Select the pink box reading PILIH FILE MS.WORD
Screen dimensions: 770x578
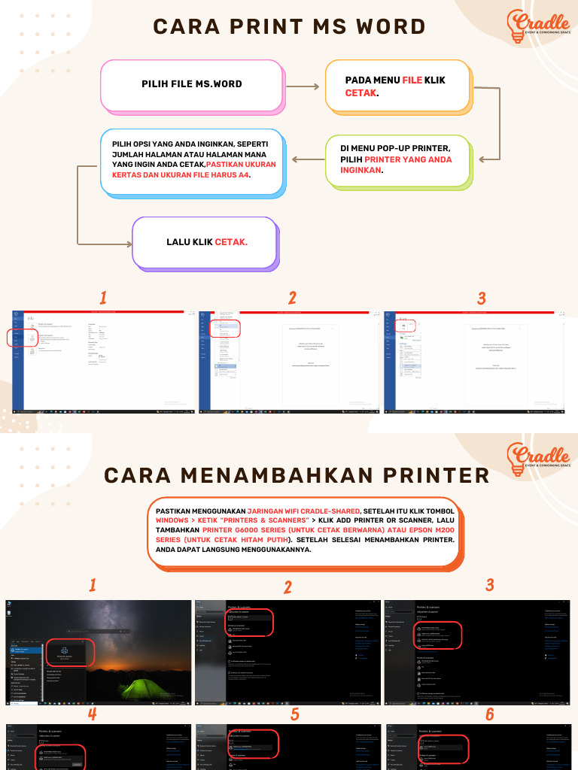(x=191, y=84)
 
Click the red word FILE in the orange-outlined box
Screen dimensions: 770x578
(x=412, y=80)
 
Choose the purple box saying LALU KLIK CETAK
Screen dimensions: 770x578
(x=205, y=243)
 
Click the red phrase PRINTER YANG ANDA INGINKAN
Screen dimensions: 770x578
(x=406, y=165)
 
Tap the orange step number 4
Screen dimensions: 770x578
(x=92, y=714)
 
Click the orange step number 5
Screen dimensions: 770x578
(x=295, y=714)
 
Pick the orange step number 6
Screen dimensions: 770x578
(x=489, y=714)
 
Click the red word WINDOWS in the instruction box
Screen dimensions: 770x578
(x=174, y=520)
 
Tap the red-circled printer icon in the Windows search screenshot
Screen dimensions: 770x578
(x=64, y=650)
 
